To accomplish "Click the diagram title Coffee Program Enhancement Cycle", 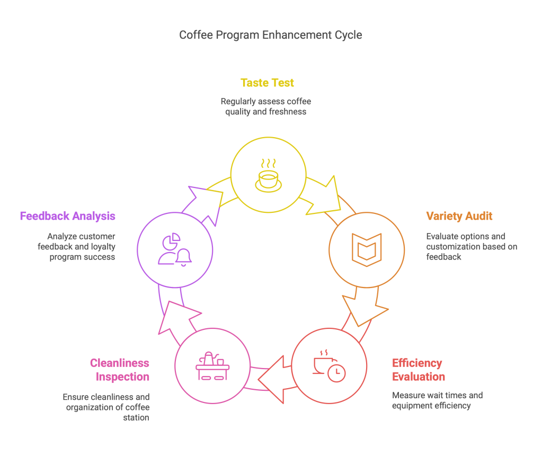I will (271, 35).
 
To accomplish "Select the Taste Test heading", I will (267, 83).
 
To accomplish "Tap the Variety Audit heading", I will (459, 216).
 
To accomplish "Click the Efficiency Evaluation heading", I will (419, 370).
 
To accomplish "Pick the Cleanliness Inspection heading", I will (120, 370).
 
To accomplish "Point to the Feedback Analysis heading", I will (67, 216).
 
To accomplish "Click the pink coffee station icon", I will (212, 365).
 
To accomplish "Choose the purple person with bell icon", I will (174, 249).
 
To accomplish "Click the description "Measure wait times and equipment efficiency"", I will (437, 400).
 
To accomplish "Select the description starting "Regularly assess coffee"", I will (266, 106).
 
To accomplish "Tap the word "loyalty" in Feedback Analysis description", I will (103, 246).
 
